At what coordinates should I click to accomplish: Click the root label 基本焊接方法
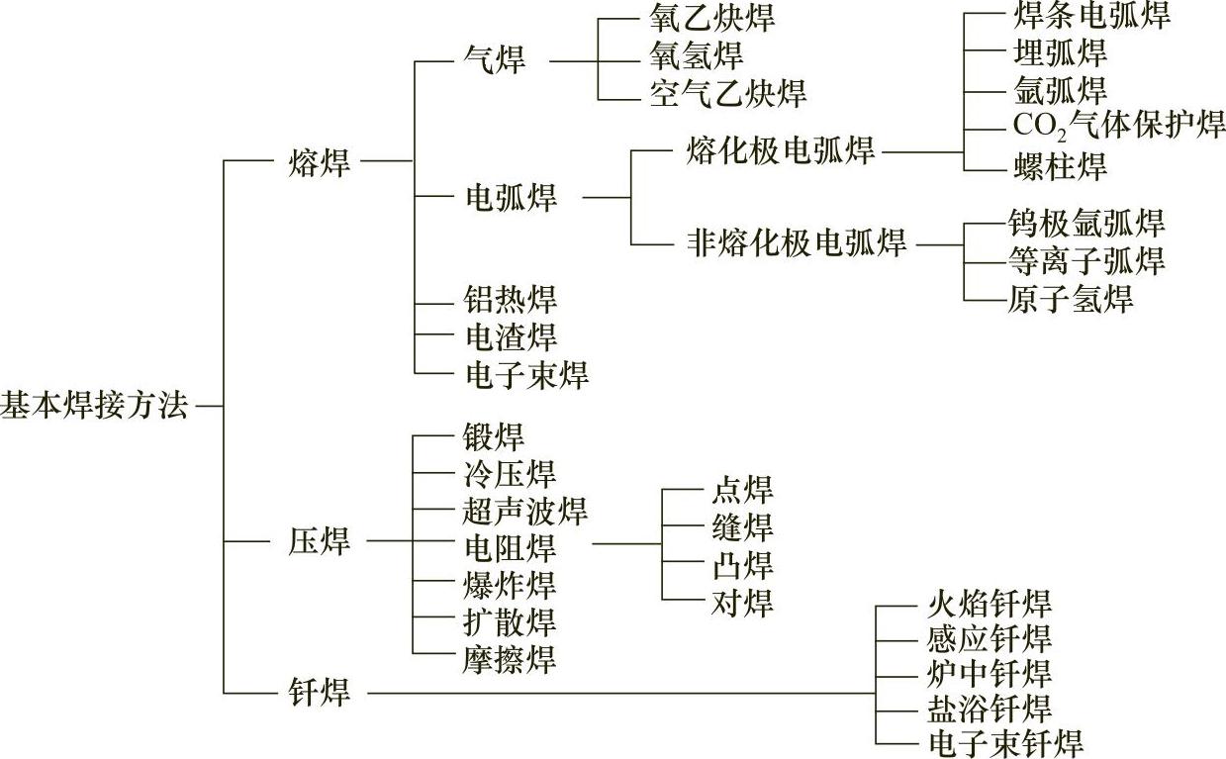[94, 406]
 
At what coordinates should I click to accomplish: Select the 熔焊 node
[320, 161]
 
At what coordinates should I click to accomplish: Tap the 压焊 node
[320, 542]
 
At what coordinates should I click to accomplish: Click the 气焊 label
[495, 59]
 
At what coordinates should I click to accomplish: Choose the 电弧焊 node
[511, 197]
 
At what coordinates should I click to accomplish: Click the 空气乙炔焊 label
[728, 93]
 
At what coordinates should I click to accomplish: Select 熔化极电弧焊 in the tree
[780, 151]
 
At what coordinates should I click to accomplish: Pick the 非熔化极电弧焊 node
[796, 242]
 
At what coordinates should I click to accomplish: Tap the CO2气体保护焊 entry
[1119, 126]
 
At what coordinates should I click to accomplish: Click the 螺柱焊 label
[1060, 165]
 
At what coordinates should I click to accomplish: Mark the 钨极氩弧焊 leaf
[1085, 223]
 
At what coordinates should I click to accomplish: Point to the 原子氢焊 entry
[1069, 299]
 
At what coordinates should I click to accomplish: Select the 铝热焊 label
[511, 299]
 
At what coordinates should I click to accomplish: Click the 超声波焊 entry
[525, 512]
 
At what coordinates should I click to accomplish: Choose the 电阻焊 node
[510, 547]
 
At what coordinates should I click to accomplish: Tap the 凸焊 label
[742, 566]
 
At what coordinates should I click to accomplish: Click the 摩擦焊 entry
[510, 658]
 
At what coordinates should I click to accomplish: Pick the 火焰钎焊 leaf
[989, 603]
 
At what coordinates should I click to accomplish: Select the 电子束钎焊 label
[1004, 742]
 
